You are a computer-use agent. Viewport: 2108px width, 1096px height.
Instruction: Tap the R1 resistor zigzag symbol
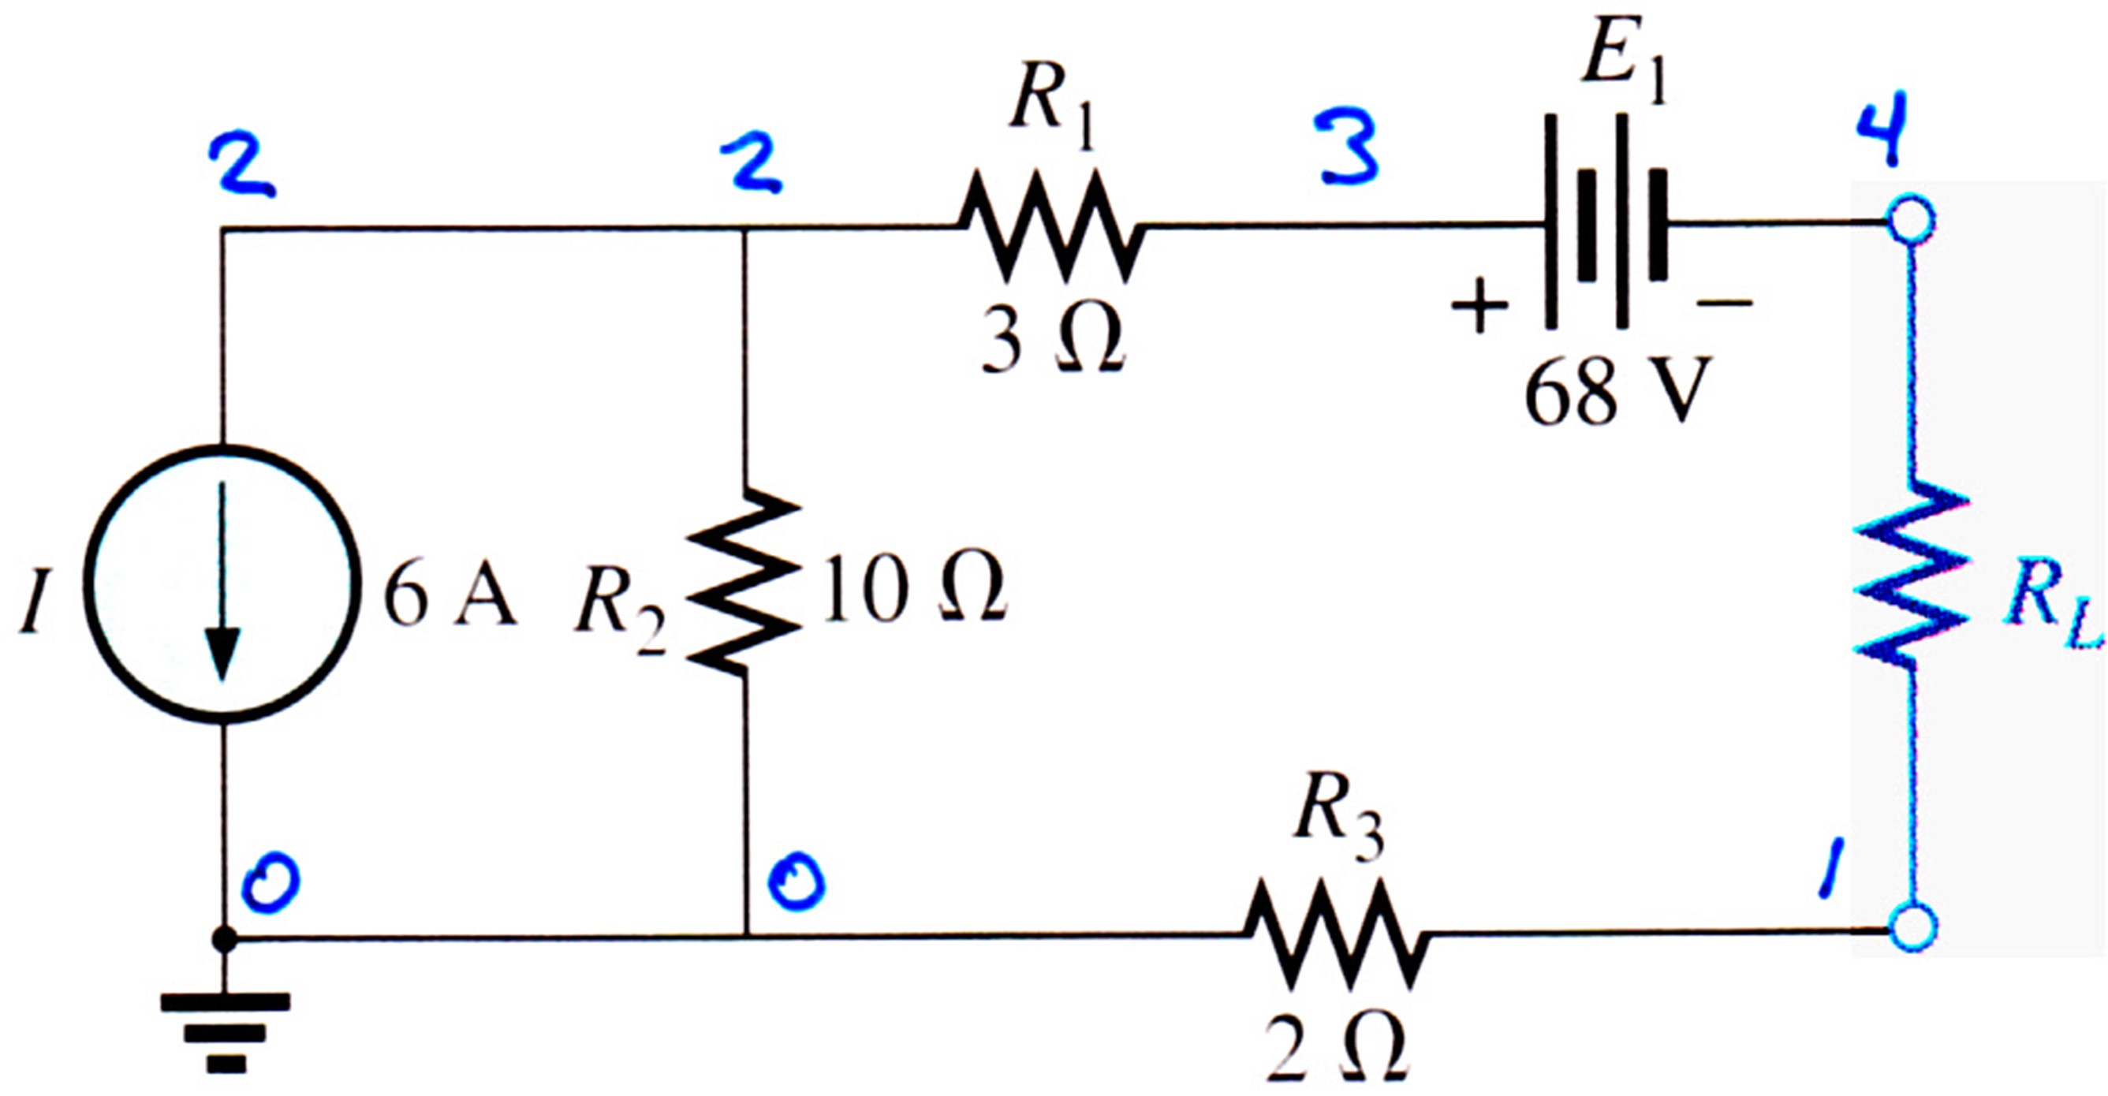click(x=1051, y=227)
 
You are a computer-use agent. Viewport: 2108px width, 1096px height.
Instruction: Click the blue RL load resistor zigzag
click(x=1912, y=580)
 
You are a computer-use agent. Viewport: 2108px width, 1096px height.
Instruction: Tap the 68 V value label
click(x=1617, y=391)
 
